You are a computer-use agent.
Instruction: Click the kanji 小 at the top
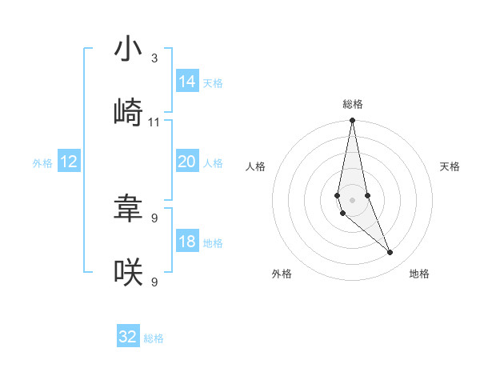coord(128,50)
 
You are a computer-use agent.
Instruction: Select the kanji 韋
coord(128,209)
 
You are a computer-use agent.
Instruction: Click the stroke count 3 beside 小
coord(154,59)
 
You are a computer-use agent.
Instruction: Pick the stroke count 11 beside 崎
coord(154,122)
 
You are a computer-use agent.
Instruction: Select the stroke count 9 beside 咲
coord(154,281)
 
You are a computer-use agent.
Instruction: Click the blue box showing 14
coord(187,82)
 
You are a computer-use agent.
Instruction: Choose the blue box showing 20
coord(187,162)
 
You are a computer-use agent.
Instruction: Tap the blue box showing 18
coord(187,242)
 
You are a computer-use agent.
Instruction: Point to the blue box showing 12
coord(69,162)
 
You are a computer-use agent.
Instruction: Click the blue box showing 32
coord(128,337)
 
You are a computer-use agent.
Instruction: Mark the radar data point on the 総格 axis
coord(352,121)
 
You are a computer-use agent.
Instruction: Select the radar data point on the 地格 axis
coord(390,253)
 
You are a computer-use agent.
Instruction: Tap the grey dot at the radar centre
coord(352,199)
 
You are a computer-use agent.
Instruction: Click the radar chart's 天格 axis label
coord(450,166)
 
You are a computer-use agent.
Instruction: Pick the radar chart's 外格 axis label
coord(282,274)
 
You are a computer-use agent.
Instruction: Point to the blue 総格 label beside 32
coord(154,338)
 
